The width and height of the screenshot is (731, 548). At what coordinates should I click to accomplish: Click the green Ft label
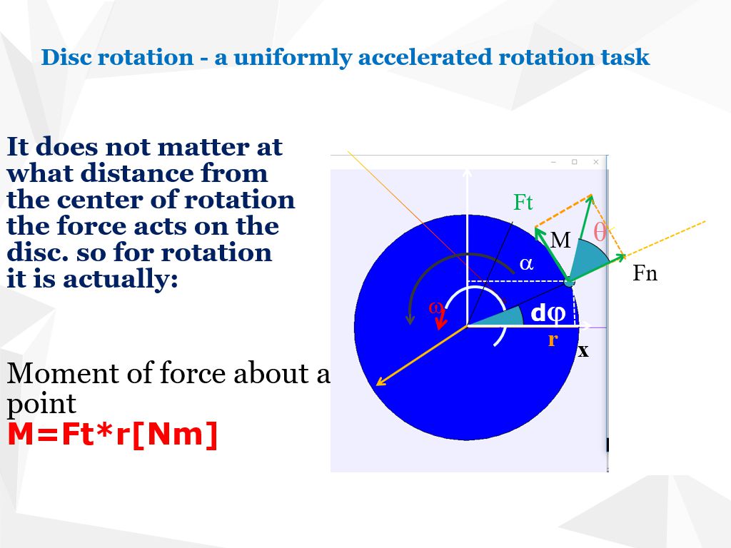pyautogui.click(x=523, y=203)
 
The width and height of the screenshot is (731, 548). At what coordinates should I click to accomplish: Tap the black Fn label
pyautogui.click(x=645, y=274)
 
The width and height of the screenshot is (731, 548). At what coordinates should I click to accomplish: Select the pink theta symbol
pyautogui.click(x=600, y=232)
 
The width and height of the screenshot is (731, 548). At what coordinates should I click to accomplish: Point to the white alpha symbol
pyautogui.click(x=526, y=264)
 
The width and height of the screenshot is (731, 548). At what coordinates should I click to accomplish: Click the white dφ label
pyautogui.click(x=548, y=313)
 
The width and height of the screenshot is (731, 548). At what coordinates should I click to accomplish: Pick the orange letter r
pyautogui.click(x=552, y=340)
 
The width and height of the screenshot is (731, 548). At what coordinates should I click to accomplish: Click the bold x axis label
pyautogui.click(x=583, y=351)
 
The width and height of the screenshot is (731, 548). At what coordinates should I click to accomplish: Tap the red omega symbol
pyautogui.click(x=434, y=308)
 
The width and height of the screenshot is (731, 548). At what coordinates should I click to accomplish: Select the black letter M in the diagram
pyautogui.click(x=560, y=241)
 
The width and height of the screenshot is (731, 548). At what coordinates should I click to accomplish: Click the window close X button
pyautogui.click(x=596, y=162)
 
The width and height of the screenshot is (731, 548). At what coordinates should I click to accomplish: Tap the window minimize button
pyautogui.click(x=553, y=162)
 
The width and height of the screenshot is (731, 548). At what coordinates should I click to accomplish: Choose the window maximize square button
pyautogui.click(x=574, y=162)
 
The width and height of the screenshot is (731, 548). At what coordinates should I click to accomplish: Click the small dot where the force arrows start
pyautogui.click(x=569, y=282)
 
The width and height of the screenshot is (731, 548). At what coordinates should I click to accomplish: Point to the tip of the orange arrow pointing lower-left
pyautogui.click(x=378, y=384)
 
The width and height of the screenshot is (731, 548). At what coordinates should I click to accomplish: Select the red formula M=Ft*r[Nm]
pyautogui.click(x=112, y=435)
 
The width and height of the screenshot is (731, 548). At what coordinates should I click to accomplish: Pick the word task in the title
pyautogui.click(x=625, y=57)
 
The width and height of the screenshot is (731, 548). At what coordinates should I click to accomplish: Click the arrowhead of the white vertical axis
pyautogui.click(x=467, y=172)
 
